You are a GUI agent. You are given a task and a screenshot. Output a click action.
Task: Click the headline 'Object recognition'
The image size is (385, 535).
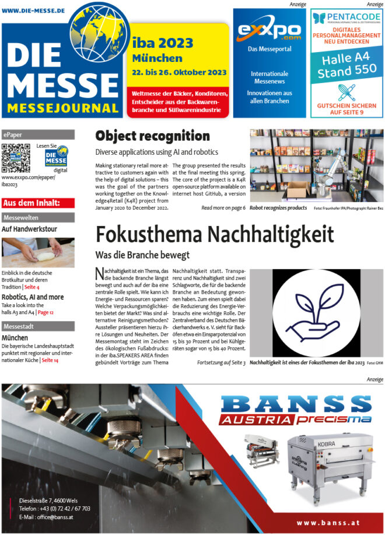[x=152, y=136]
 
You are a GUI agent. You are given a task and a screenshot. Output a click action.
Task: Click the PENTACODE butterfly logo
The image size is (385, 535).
[x=318, y=18]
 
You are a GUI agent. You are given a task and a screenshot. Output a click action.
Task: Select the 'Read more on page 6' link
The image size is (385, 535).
[x=223, y=208]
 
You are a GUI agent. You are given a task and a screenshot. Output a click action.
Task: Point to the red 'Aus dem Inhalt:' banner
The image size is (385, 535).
[x=38, y=203]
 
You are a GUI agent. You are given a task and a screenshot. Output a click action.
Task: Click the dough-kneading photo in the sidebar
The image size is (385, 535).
[x=38, y=252]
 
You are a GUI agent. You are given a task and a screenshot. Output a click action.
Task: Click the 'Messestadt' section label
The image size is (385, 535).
[x=38, y=326]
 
